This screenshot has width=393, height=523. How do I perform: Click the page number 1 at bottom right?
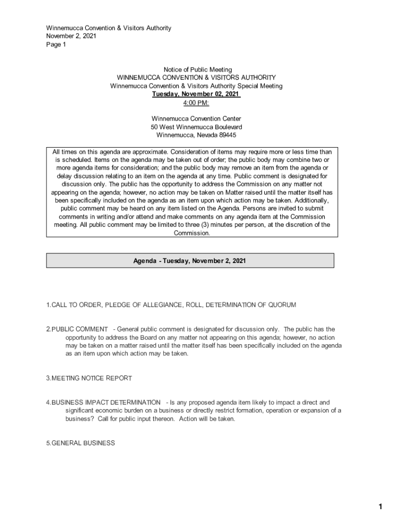click(380, 507)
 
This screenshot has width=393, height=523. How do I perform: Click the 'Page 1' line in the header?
click(56, 44)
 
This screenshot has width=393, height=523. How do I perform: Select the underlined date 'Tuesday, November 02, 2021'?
click(196, 94)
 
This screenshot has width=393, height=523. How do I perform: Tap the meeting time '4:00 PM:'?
click(196, 103)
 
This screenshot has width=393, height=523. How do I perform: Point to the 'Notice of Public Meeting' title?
click(198, 69)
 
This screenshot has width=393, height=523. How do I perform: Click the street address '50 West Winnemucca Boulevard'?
click(196, 127)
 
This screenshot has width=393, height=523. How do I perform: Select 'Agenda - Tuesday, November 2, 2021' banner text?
click(190, 260)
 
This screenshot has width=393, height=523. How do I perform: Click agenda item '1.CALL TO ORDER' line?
click(76, 305)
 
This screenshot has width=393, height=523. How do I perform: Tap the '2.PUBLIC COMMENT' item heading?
click(77, 329)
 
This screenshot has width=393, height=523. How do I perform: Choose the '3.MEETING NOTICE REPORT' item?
click(89, 378)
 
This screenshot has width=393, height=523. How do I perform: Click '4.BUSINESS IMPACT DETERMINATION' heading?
click(103, 403)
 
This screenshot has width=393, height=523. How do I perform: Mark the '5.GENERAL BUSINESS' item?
click(80, 443)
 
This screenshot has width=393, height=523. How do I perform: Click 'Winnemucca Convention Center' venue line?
click(196, 119)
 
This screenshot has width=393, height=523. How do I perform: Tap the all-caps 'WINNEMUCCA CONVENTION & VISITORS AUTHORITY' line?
click(196, 78)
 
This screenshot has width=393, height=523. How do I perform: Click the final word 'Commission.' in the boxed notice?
click(192, 233)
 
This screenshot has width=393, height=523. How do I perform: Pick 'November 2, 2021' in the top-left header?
click(71, 36)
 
